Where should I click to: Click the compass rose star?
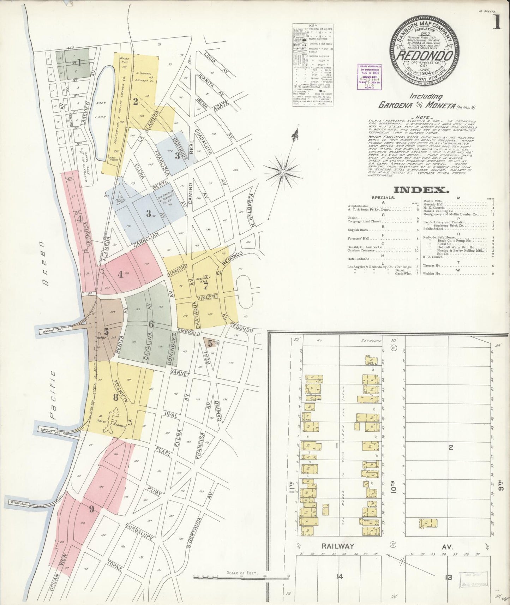click(283, 172)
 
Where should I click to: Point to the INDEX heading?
click(421, 190)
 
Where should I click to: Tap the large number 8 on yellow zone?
click(115, 397)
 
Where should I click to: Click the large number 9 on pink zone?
click(92, 509)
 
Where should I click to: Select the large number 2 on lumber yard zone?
click(135, 102)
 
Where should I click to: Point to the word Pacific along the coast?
click(53, 395)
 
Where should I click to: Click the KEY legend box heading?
click(313, 26)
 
